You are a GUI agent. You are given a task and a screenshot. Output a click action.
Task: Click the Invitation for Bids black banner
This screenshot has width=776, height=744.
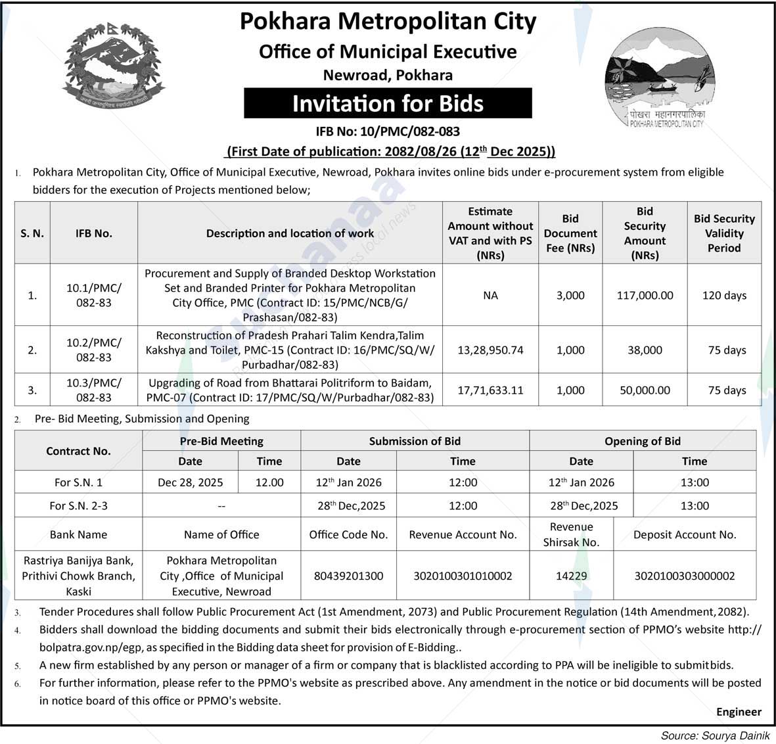388,104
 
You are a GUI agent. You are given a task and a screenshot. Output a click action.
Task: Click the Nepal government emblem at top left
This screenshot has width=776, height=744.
114,64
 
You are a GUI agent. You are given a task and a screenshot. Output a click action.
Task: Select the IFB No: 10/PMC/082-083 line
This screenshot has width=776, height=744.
388,131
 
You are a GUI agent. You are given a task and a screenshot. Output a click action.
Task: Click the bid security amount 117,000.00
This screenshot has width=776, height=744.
645,295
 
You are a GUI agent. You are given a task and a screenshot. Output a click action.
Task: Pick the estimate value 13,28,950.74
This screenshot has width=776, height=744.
490,350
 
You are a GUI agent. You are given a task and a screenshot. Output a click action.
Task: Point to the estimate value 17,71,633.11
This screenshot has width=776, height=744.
490,390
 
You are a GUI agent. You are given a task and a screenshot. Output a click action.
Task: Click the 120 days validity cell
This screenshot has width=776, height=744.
724,295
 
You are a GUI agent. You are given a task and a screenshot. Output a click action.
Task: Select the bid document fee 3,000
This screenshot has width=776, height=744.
570,295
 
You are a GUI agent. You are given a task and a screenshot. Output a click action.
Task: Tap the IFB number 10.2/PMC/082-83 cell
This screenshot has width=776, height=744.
94,350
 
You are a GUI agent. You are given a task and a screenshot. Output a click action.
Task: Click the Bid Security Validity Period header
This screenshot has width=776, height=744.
724,233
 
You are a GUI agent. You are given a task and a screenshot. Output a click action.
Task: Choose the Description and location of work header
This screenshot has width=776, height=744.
290,233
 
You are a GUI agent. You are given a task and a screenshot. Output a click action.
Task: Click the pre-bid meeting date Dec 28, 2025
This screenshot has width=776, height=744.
190,482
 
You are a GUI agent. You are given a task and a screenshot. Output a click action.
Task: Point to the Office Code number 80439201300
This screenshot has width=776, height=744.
348,576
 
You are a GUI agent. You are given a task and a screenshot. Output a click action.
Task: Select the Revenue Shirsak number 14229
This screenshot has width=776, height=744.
571,576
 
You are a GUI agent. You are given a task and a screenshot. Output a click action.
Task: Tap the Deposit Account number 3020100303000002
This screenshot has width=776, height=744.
685,576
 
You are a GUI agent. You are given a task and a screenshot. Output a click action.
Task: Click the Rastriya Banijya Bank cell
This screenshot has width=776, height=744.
78,576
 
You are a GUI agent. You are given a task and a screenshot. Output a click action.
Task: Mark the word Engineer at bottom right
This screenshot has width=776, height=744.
739,712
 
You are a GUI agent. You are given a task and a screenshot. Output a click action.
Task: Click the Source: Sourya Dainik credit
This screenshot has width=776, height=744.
715,735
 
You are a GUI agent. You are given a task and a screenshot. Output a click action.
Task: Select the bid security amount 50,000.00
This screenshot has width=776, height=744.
645,390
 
